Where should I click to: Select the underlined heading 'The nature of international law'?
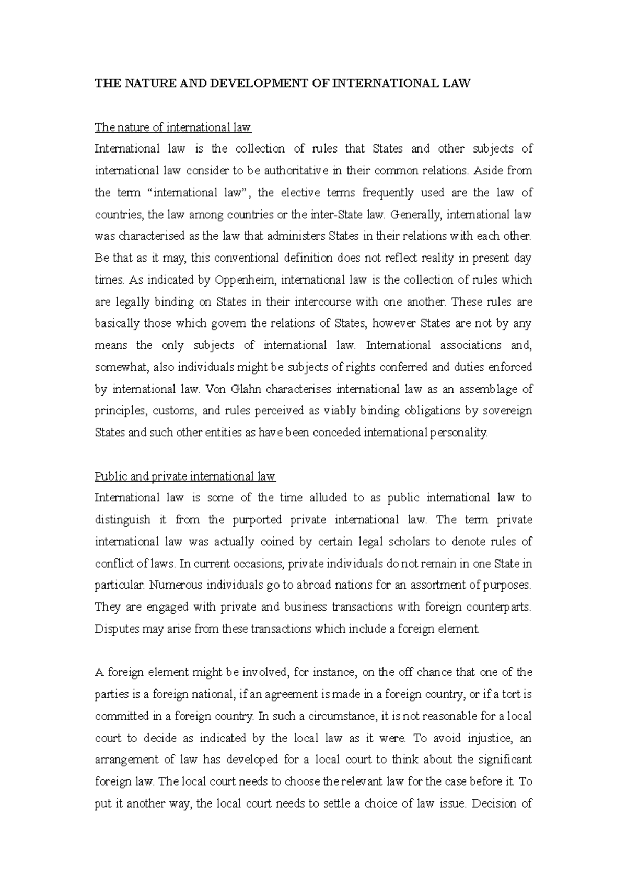[172, 127]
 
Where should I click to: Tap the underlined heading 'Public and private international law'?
[185, 476]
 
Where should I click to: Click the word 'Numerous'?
[171, 586]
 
